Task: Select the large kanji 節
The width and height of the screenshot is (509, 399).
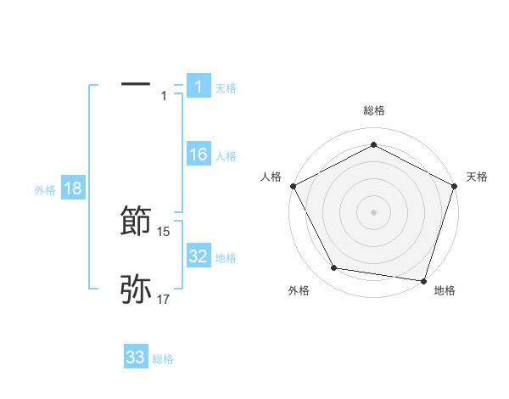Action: (x=137, y=220)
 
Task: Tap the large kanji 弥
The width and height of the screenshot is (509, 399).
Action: (x=137, y=289)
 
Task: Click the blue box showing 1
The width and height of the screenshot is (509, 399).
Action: (x=198, y=86)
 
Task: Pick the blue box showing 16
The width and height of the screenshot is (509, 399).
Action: (x=198, y=155)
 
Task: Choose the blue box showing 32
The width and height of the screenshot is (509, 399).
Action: (x=198, y=256)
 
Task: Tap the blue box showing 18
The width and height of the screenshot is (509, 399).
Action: (x=73, y=188)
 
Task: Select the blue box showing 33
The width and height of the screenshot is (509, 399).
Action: (x=136, y=357)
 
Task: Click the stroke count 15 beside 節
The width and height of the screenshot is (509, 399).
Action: (x=164, y=232)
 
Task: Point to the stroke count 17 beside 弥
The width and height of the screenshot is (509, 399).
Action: (x=164, y=300)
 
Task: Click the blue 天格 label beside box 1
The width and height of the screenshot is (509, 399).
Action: (x=226, y=87)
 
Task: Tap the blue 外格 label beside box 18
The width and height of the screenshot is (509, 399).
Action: (x=45, y=190)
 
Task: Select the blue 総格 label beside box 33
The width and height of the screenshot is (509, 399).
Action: (x=163, y=359)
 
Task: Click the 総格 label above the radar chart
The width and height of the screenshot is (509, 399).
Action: (x=373, y=111)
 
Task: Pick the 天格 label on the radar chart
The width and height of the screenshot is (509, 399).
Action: (x=478, y=177)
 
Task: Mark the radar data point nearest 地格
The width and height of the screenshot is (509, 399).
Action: (x=424, y=280)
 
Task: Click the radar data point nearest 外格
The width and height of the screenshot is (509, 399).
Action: (x=334, y=268)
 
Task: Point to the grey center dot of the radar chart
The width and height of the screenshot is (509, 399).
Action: (x=373, y=211)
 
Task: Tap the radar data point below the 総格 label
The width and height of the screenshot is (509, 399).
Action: (x=373, y=144)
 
